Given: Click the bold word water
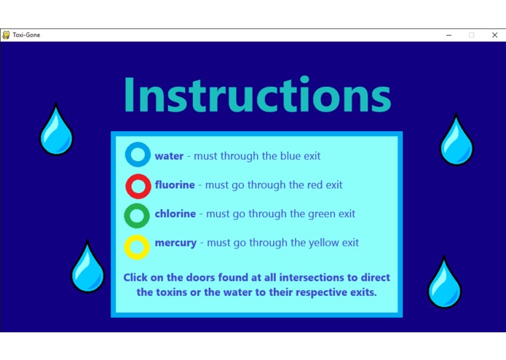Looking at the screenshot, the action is point(169,156).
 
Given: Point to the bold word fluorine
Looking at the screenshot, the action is point(175,184).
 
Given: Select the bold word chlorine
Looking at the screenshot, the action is point(175,214).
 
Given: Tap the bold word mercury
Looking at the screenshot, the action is point(175,243).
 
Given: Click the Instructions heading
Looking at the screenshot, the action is point(258,94).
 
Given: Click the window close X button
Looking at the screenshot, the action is point(494,35).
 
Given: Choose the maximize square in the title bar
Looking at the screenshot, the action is point(472,35).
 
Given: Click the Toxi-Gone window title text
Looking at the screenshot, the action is point(26,35).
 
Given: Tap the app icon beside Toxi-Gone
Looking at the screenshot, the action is point(6,35).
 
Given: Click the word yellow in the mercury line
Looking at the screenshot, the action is point(325,243).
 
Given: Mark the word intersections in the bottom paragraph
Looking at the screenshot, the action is point(318,278).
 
